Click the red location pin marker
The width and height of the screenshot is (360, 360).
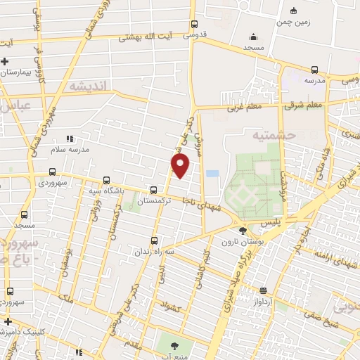pos(181,165)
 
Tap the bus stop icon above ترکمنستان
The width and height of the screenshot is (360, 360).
pos(153,189)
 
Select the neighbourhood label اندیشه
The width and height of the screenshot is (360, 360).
pos(87,86)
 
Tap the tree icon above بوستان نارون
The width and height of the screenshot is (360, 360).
pos(243,230)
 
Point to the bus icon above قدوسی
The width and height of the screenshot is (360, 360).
pos(195,22)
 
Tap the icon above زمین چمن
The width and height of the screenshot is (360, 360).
pos(293,10)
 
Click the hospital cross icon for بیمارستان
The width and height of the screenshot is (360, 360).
pos(5,61)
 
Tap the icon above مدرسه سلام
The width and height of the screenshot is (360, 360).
pos(69,139)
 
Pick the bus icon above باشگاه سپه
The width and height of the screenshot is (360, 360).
pos(106,180)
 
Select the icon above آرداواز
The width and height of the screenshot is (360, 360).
pos(263,290)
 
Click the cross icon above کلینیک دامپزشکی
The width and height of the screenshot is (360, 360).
pos(7,321)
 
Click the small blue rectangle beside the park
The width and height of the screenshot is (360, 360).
pos(212,173)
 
